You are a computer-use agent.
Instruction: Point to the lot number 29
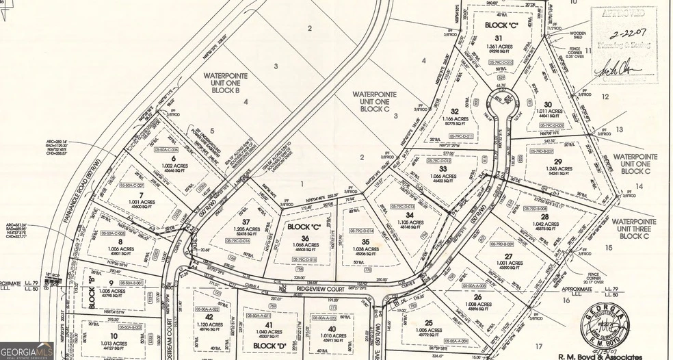click(557, 162)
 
